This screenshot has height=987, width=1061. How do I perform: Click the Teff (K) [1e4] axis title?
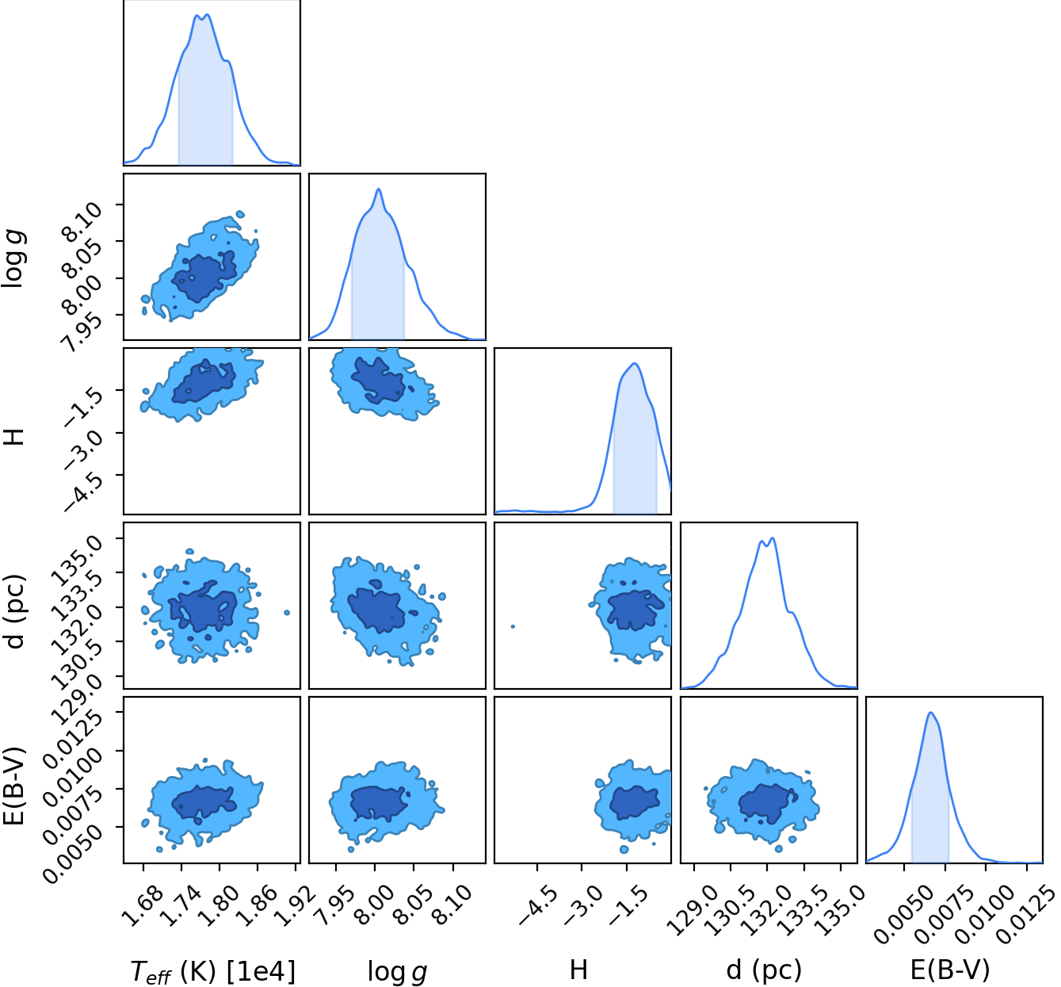(x=212, y=970)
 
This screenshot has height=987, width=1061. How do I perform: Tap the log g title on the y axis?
(x=13, y=258)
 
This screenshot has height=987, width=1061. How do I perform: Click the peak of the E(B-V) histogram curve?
(x=930, y=712)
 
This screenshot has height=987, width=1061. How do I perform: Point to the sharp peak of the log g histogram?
(x=379, y=189)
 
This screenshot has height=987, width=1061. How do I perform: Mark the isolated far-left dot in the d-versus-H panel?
(x=513, y=626)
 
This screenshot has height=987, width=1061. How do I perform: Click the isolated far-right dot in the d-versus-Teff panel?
(x=287, y=612)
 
